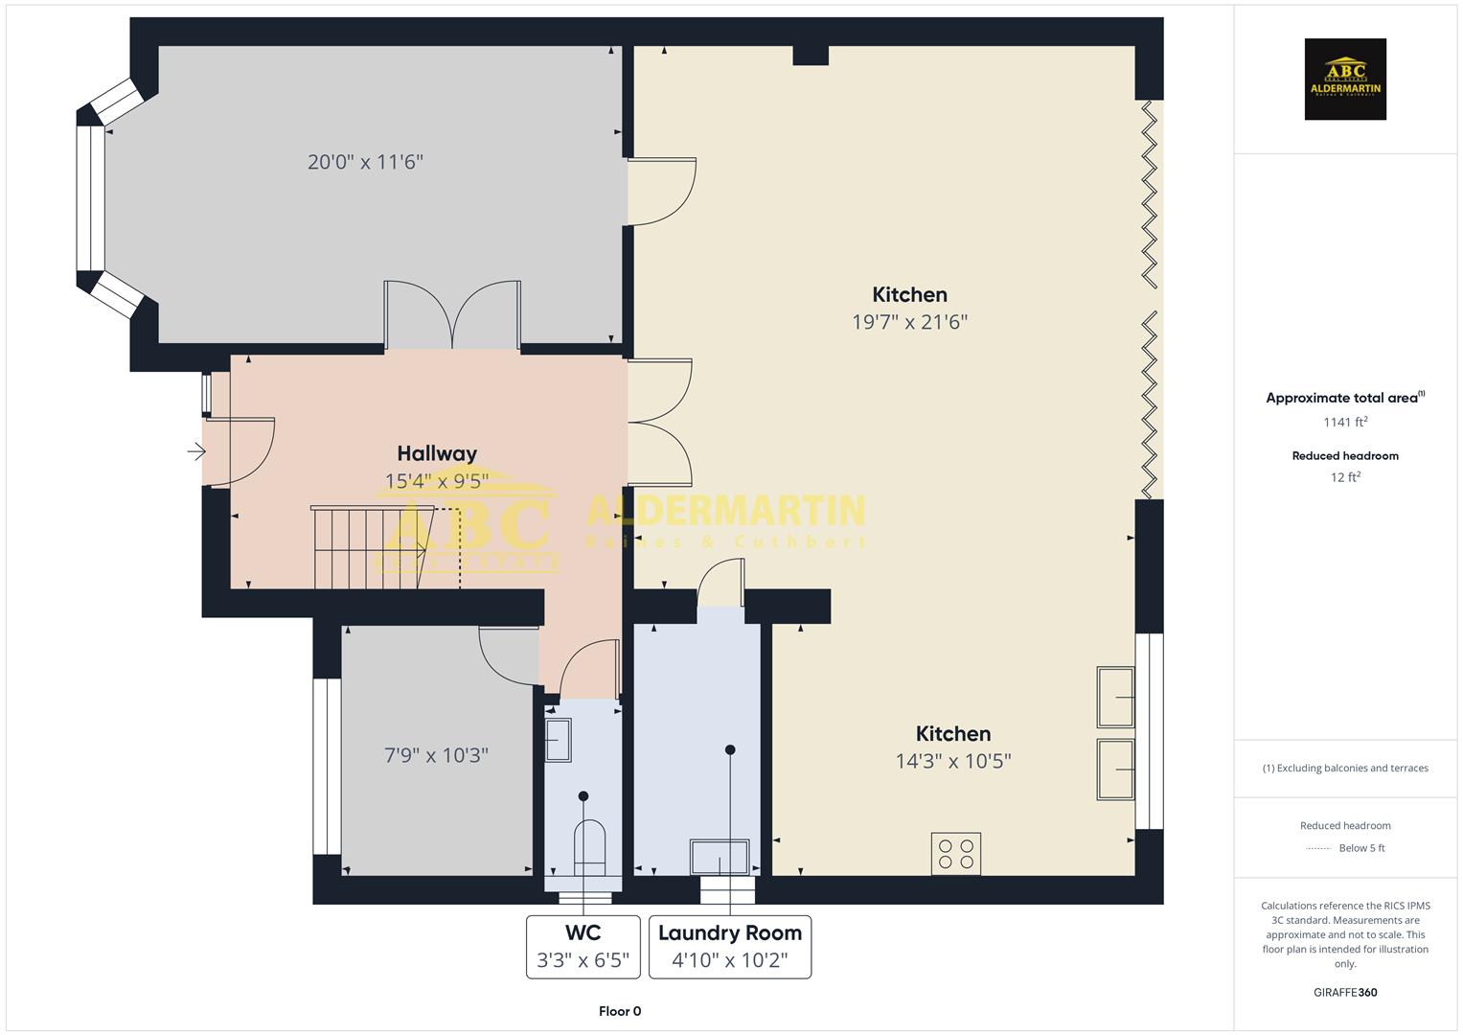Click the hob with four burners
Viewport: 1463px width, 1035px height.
955,854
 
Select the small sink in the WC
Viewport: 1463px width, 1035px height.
558,741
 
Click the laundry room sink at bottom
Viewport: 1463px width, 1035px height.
720,857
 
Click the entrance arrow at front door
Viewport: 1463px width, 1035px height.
196,451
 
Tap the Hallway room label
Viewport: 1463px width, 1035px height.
437,453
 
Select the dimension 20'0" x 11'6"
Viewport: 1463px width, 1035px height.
365,162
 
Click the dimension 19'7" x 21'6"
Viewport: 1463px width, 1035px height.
909,322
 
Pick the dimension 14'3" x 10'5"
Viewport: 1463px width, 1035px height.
952,761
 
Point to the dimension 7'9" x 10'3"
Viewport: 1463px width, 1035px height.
436,755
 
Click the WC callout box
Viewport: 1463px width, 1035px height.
583,947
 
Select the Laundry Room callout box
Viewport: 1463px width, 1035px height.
729,947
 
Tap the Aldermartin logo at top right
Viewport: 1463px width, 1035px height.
1345,80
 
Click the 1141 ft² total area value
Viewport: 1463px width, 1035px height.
1345,422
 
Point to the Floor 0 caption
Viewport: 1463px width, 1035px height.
620,1011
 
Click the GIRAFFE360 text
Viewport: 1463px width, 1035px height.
1345,992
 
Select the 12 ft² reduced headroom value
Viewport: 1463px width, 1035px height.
1345,477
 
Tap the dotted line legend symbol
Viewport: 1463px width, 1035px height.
1318,848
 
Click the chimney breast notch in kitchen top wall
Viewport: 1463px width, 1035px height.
810,56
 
